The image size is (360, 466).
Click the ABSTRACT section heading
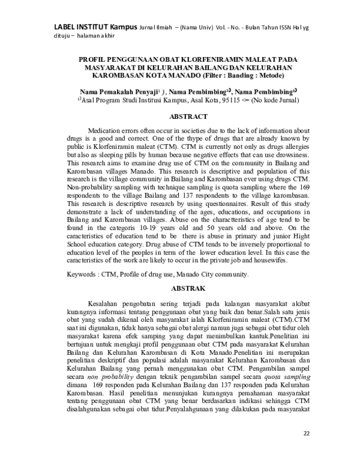181,116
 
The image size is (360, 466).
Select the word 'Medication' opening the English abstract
107,131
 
